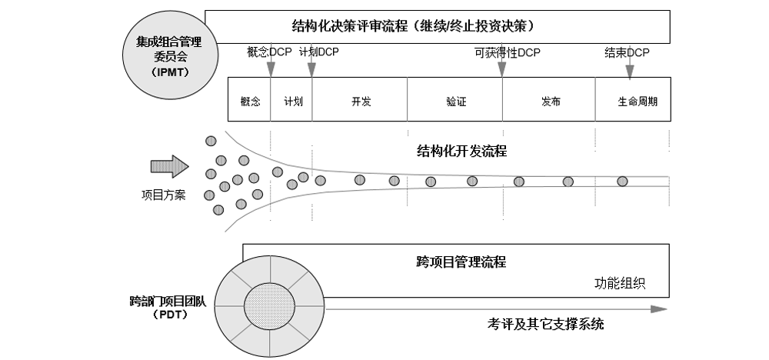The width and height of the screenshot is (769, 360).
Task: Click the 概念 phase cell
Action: pos(250,101)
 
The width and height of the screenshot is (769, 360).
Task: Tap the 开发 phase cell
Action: pos(361,101)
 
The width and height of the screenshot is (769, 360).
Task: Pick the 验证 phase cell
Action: pos(456,101)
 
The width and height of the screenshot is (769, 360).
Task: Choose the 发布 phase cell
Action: pos(550,101)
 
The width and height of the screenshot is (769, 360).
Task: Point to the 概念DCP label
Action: pos(269,52)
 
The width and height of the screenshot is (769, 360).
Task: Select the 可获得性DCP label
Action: pos(508,52)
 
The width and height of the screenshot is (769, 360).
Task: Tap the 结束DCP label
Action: pos(627,52)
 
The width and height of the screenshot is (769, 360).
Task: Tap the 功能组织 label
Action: pos(620,283)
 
